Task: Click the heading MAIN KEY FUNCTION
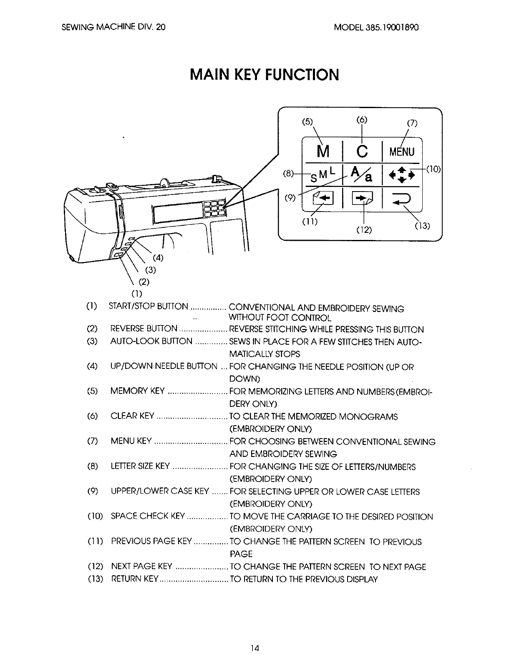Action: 264,75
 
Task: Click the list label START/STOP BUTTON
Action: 149,307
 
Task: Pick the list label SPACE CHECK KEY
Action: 148,517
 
